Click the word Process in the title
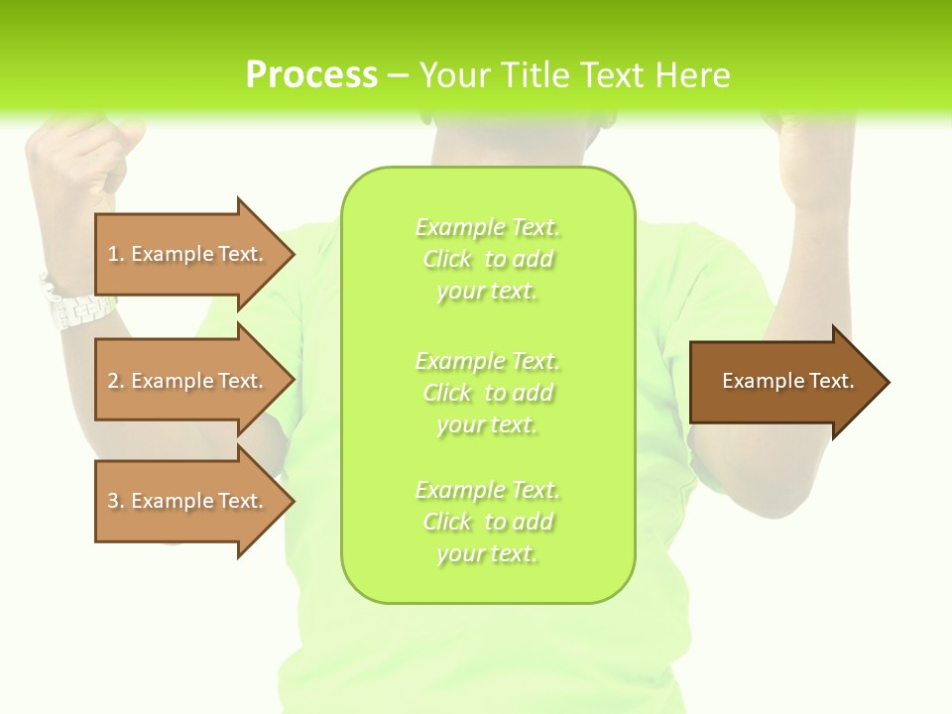311,75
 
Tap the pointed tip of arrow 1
292,254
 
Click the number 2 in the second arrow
113,381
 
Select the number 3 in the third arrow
113,501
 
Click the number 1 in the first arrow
113,254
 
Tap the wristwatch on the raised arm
74,303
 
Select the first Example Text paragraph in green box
487,259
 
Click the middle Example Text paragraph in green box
487,393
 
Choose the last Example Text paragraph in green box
487,522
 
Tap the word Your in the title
456,75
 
